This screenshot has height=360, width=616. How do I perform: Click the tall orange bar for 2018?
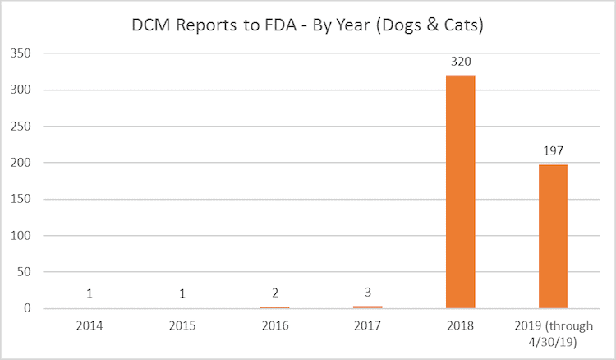(x=460, y=192)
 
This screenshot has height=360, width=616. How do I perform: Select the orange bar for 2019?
(x=553, y=237)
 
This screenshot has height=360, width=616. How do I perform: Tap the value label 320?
(x=460, y=62)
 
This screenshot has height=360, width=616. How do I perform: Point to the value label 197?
(x=553, y=151)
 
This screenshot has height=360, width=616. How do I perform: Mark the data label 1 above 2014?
(x=89, y=293)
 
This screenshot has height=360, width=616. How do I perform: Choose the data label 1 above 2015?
(x=182, y=293)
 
